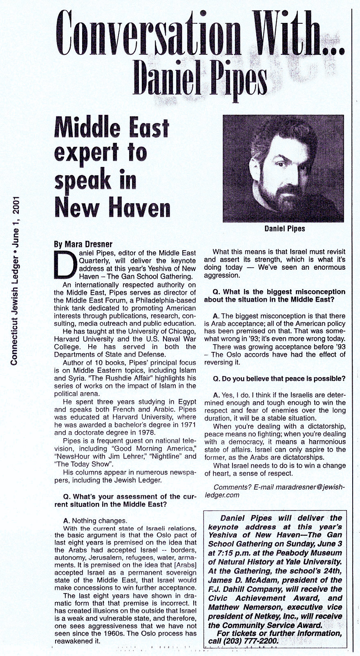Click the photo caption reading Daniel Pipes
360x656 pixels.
point(284,228)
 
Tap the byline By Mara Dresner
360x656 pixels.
point(83,244)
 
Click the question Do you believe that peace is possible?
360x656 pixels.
point(279,379)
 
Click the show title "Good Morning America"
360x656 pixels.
point(150,448)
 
